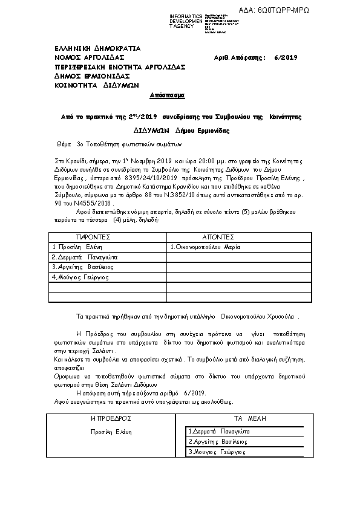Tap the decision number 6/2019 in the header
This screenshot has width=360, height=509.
286,57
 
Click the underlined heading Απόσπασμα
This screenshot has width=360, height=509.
167,96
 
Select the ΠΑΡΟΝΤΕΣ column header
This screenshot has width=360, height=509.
93,238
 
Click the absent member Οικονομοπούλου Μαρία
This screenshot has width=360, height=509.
206,247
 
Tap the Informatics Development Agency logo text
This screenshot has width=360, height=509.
186,21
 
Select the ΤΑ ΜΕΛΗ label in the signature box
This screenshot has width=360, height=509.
250,418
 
